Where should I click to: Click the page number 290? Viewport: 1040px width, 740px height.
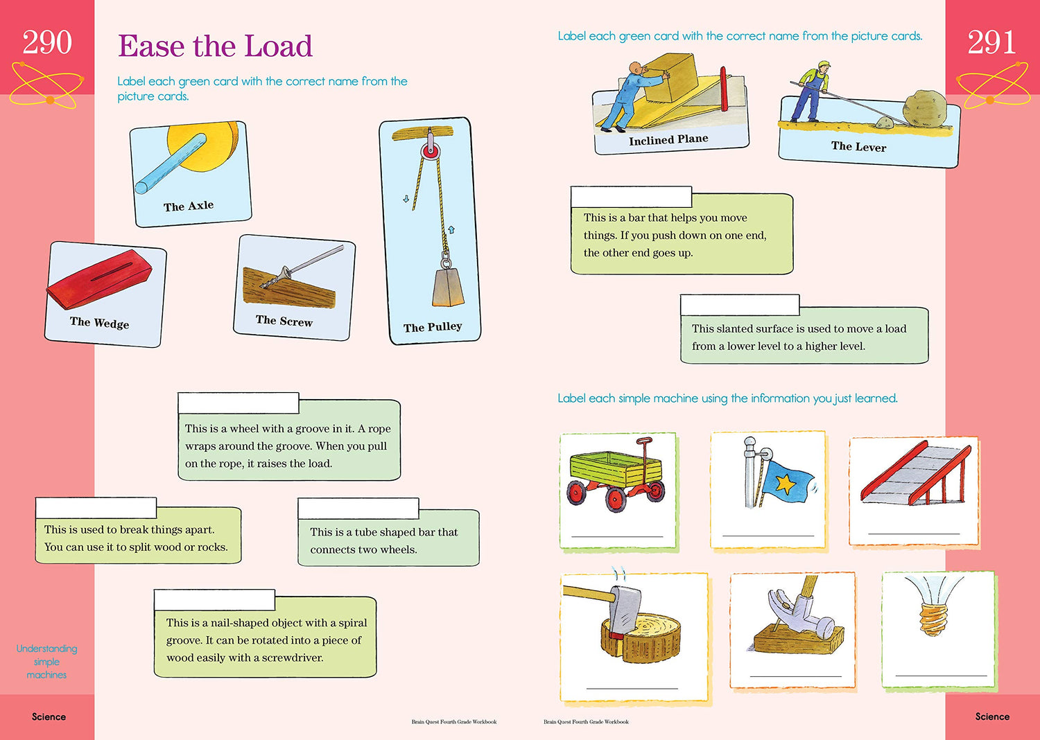coord(47,43)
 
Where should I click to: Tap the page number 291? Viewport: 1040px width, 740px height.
coord(991,43)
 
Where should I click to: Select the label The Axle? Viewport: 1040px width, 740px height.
coord(189,206)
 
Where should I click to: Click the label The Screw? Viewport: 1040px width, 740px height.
coord(284,320)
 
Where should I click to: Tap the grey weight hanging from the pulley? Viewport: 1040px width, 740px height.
coord(444,287)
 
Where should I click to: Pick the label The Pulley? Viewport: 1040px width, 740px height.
coord(433,327)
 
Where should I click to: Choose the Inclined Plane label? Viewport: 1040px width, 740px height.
coord(668,140)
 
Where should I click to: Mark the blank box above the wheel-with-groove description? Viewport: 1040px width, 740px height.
coord(238,403)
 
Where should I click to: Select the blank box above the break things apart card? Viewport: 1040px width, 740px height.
coord(96,508)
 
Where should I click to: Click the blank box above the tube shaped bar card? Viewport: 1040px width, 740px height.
coord(358,508)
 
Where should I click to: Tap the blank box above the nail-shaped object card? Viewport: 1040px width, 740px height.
coord(214,600)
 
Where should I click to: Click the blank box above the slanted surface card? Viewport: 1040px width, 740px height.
coord(740,305)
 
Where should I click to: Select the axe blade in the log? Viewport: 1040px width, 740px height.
coord(623,608)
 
